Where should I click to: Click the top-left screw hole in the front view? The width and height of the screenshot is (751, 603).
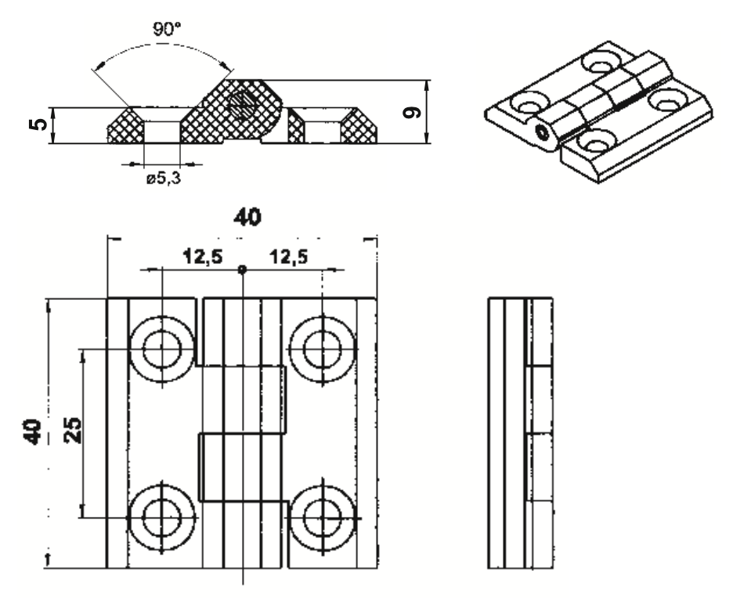pos(162,348)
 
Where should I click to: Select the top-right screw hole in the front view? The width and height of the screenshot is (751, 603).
pos(322,348)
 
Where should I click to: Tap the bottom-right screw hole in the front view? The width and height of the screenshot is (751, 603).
pos(322,518)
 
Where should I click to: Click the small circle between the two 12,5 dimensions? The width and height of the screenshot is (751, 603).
pos(243,269)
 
